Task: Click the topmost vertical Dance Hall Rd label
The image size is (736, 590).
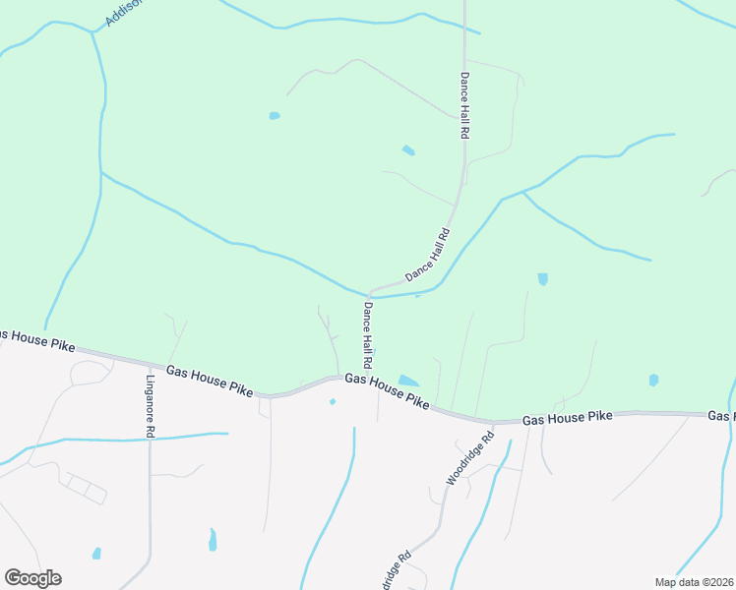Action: (463, 104)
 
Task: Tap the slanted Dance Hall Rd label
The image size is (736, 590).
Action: (427, 256)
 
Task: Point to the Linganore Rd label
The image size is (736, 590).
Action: (151, 406)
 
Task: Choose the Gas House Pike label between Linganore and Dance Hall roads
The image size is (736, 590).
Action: (210, 381)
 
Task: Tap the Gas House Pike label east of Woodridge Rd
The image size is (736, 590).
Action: (567, 418)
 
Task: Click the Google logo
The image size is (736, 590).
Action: (32, 578)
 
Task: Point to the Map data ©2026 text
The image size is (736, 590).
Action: (694, 582)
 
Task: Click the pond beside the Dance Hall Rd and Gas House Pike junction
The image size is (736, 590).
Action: (408, 381)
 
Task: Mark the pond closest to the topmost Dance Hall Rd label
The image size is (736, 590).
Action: (408, 150)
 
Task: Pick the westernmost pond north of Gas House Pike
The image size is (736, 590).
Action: (275, 116)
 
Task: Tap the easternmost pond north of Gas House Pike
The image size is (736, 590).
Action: (653, 380)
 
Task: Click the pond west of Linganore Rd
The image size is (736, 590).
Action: (96, 553)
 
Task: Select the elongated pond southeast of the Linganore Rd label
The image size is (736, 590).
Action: (213, 540)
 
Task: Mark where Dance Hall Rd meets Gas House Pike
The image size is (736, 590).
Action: (340, 376)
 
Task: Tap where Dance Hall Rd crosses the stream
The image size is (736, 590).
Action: (369, 293)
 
